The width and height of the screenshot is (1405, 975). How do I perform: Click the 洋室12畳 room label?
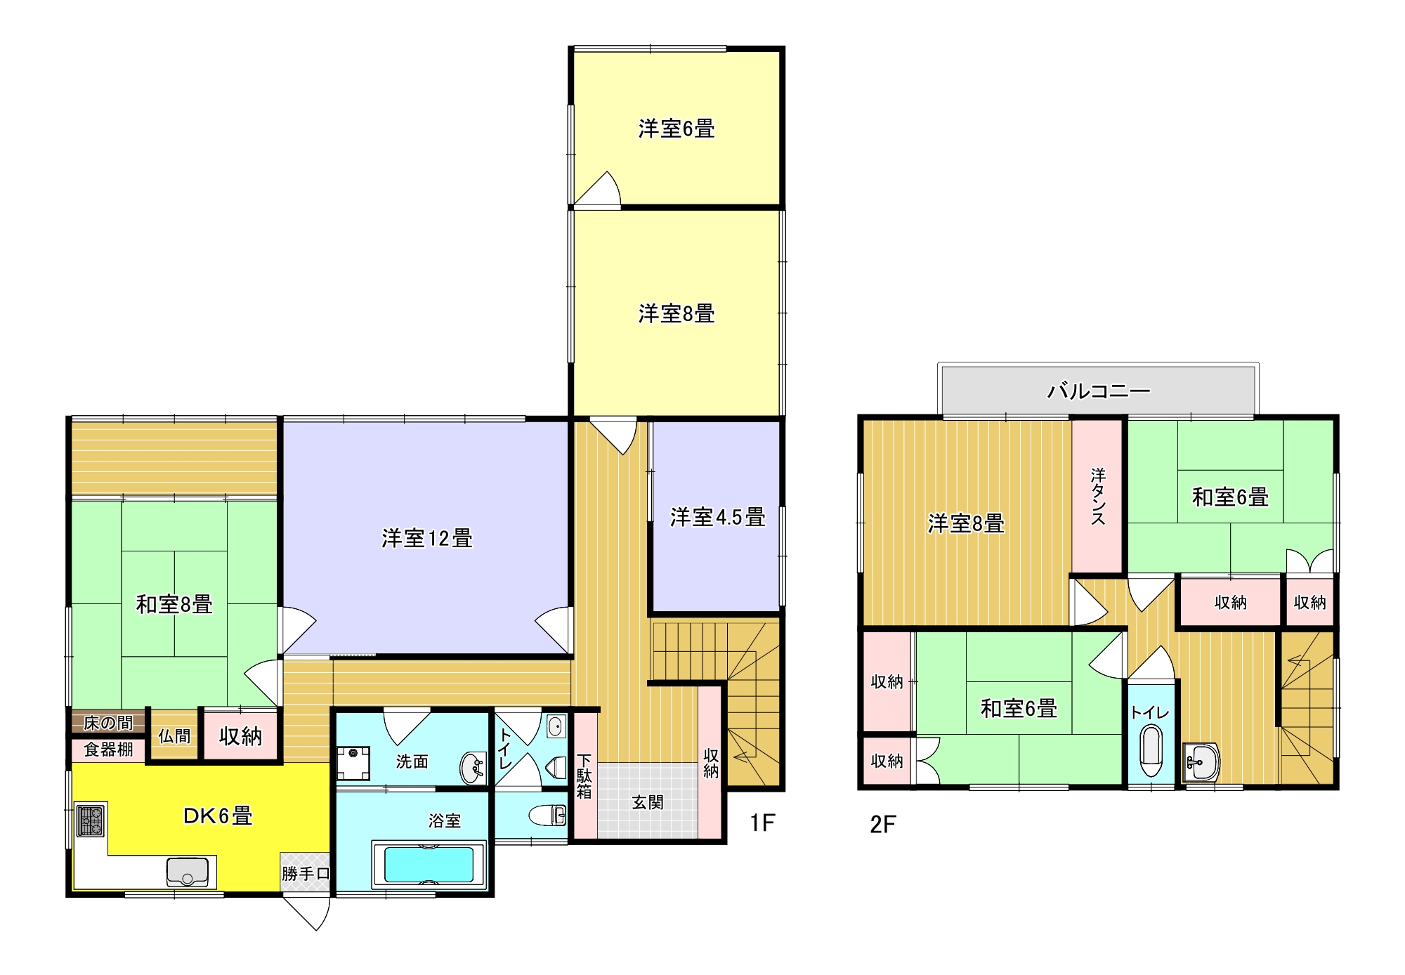pos(427,539)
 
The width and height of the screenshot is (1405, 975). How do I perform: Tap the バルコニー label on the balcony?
pos(1099,391)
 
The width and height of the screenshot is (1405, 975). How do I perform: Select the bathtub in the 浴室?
pos(429,864)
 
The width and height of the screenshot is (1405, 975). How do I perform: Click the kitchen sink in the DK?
pos(188,872)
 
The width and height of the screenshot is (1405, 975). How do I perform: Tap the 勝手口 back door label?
pos(306,874)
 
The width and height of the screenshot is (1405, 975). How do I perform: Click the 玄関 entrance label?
pos(647,802)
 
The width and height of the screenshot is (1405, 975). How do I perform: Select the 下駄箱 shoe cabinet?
pos(585,776)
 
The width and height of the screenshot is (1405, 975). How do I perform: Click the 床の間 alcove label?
pos(108,723)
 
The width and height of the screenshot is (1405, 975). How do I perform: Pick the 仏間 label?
pos(174,736)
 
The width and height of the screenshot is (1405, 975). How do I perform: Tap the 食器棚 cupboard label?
pos(108,750)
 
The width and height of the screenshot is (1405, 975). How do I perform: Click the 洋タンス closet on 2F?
pos(1098,496)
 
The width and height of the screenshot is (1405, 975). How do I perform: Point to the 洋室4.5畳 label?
pos(717,518)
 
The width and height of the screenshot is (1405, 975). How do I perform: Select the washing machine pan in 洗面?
pos(353,764)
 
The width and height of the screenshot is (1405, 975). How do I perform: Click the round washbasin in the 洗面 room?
pos(473,768)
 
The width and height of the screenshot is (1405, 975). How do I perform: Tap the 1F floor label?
pos(762,823)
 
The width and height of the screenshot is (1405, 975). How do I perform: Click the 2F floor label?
pos(883,824)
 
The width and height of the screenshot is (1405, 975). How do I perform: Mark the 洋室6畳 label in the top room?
pos(677,129)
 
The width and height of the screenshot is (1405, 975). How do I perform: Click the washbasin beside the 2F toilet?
pos(1201,761)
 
